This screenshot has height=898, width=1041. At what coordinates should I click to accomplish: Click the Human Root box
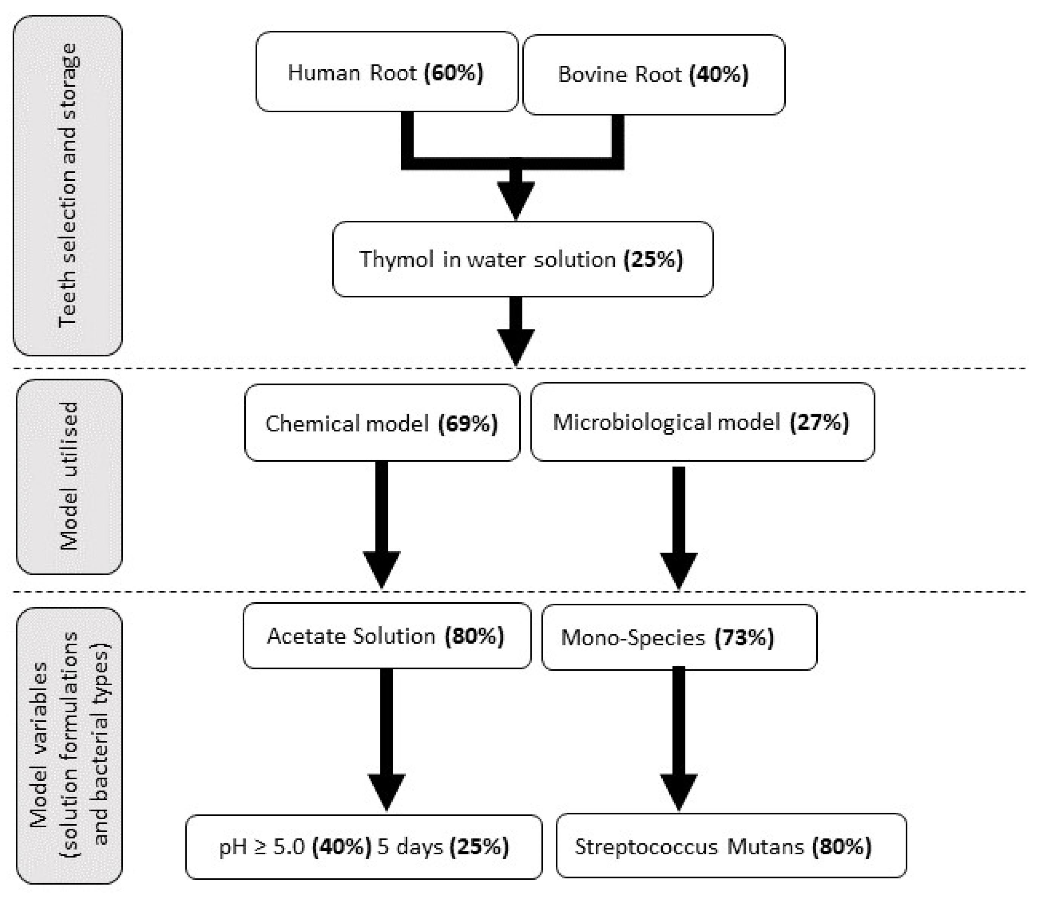[x=386, y=72]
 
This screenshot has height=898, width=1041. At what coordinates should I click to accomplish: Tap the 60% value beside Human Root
[x=454, y=72]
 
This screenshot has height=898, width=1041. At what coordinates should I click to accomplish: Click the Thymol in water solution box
[x=523, y=259]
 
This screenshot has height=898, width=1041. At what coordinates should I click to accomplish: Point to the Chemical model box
[x=382, y=423]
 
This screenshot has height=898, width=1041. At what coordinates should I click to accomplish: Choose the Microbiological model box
[x=702, y=422]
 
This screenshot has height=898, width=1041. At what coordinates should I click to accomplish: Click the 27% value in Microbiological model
[x=819, y=422]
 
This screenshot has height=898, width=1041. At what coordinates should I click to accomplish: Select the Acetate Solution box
[x=386, y=636]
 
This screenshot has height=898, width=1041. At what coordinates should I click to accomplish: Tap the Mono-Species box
[x=679, y=637]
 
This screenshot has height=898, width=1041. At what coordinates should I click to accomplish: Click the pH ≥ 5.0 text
[x=262, y=847]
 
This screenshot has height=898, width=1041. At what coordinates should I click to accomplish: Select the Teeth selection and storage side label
[x=67, y=185]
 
